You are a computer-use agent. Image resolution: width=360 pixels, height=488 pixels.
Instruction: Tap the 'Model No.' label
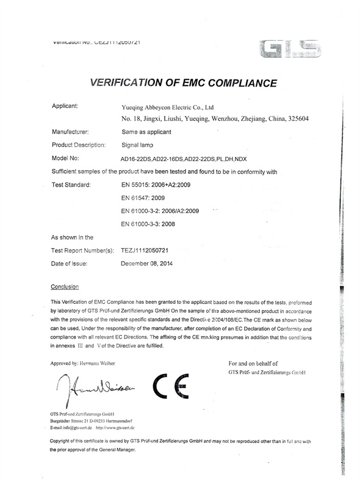(x=67, y=159)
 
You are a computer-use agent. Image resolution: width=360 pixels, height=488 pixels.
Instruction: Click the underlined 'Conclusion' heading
(x=65, y=286)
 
